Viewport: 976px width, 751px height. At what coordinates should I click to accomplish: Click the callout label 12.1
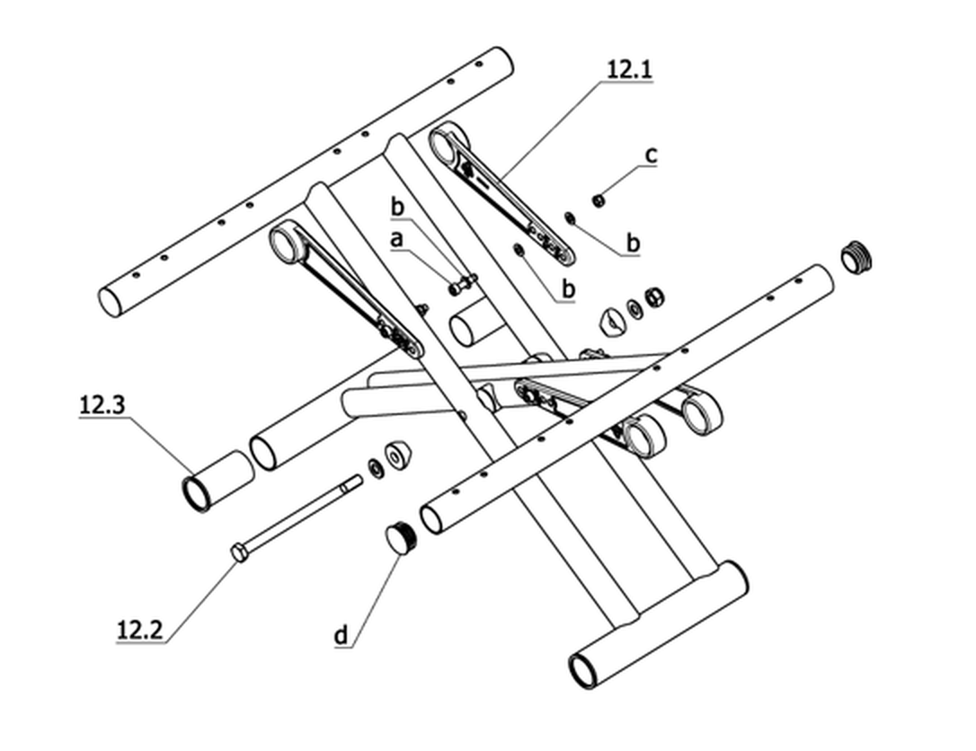coord(630,69)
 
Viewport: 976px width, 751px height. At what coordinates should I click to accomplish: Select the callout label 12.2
coord(140,631)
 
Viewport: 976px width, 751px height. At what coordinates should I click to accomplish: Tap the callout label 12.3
coord(102,405)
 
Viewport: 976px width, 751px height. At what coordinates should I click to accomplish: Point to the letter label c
coord(651,154)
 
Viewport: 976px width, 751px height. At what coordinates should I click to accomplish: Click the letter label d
coord(342,635)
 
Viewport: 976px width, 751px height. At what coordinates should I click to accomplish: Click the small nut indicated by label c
coord(599,200)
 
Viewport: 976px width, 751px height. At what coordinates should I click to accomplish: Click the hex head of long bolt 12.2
coord(239,552)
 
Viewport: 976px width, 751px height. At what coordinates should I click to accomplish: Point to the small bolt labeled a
coord(461,285)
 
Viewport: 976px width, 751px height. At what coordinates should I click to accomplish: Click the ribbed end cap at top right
coord(856,255)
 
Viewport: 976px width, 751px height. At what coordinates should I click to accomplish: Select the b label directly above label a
coord(397,208)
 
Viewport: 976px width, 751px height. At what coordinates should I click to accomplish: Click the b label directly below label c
coord(633,242)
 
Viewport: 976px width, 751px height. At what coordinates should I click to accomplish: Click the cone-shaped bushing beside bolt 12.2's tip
coord(398,455)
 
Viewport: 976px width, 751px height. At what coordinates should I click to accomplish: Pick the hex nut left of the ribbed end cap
coord(654,296)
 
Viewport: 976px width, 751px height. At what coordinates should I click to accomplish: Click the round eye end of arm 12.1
coord(447,142)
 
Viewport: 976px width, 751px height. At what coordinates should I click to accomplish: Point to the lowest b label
coord(568,289)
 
